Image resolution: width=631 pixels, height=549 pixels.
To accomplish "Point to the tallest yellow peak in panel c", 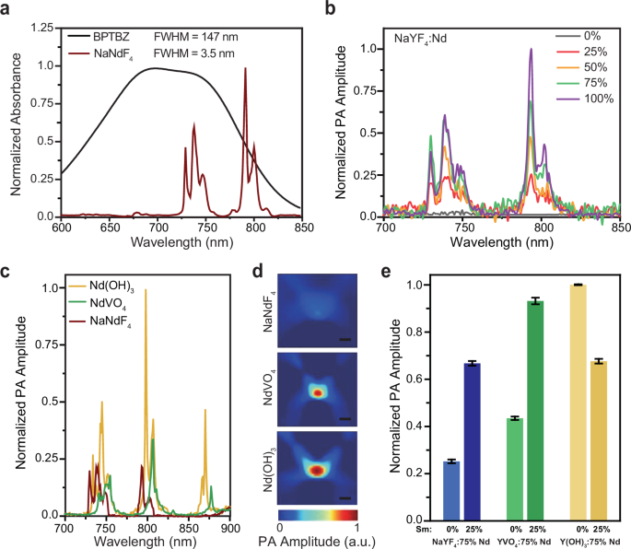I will tap(146, 291).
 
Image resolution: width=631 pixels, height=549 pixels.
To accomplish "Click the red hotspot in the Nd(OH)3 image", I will tap(316, 470).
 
